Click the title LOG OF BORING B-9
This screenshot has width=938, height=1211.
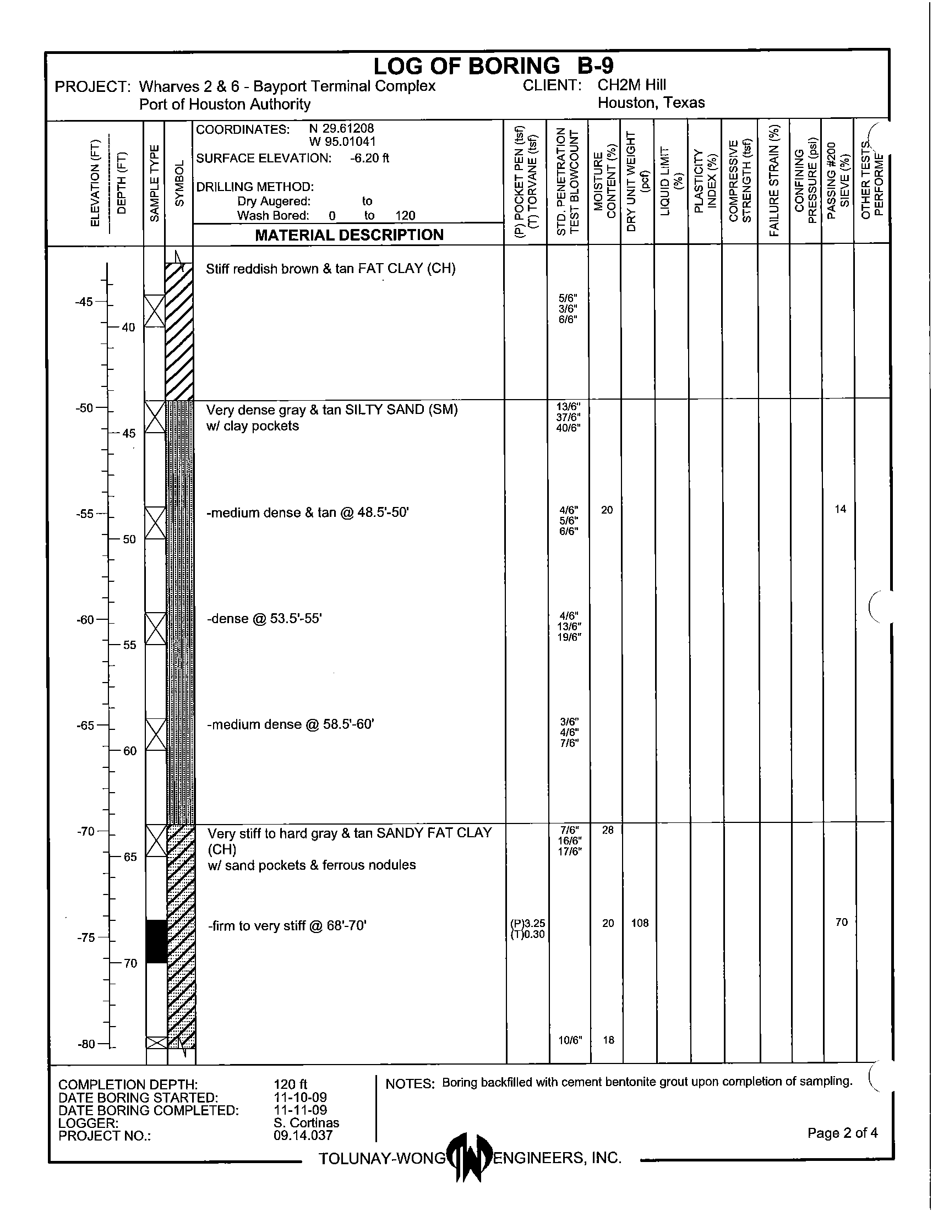493,66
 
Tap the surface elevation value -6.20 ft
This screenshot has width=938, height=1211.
369,158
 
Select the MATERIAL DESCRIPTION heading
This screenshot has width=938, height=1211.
348,234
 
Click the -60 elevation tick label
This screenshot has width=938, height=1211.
85,619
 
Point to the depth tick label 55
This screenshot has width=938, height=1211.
129,645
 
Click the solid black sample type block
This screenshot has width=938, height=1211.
156,941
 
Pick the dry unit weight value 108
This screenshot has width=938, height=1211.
640,923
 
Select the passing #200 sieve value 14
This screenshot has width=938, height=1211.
841,509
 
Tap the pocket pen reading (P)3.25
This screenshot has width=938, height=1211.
527,923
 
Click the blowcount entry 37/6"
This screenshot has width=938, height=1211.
568,418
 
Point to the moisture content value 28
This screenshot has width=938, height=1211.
608,830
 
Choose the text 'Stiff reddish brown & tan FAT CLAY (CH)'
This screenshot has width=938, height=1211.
330,269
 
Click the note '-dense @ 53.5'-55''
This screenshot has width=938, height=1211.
264,618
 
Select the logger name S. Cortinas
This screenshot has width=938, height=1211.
306,1122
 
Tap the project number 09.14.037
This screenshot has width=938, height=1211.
303,1135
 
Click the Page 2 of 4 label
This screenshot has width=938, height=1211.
842,1132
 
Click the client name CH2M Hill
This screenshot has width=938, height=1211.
631,85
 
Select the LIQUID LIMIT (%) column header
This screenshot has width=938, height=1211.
671,183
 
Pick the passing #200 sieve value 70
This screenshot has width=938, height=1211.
841,922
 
